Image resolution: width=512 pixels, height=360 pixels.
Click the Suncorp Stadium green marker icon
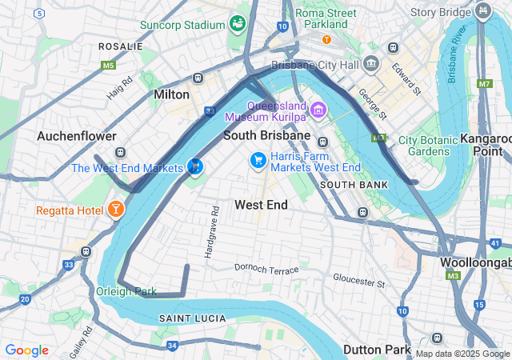[237, 23]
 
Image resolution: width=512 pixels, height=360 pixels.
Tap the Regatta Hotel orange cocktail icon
[117, 210]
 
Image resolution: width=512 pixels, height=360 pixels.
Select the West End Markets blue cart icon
[194, 167]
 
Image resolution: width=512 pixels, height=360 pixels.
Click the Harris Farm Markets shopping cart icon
[258, 161]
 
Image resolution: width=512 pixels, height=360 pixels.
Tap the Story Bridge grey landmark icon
[483, 11]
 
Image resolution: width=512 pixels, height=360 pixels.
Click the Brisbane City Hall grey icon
[370, 64]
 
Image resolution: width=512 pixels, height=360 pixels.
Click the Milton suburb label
[171, 94]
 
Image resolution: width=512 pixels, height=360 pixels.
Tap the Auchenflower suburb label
[77, 137]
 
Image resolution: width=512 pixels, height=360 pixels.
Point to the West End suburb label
[261, 205]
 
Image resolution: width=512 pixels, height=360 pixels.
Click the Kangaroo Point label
[486, 144]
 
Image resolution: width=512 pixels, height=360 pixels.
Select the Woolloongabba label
[475, 262]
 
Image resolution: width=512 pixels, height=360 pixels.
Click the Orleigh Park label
[127, 291]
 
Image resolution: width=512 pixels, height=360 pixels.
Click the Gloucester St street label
[359, 281]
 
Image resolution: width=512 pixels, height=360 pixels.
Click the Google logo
[26, 350]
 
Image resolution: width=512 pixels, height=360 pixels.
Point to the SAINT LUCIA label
[187, 318]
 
